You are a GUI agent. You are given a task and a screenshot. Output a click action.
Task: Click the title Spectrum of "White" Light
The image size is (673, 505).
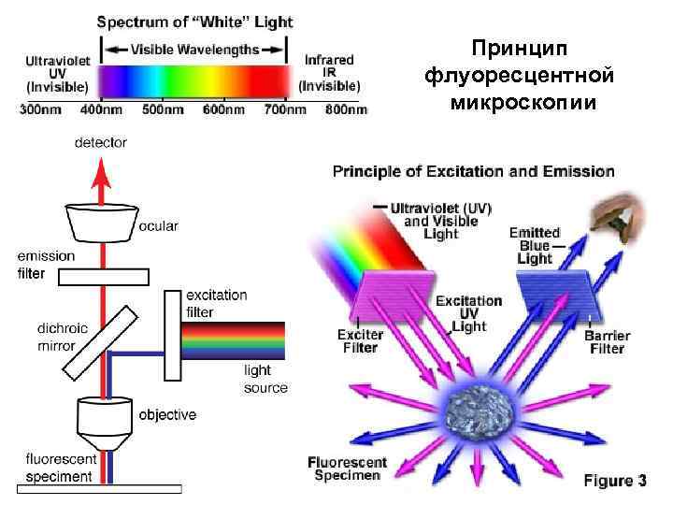click(x=194, y=22)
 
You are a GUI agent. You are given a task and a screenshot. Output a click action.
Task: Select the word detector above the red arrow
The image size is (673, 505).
click(x=100, y=142)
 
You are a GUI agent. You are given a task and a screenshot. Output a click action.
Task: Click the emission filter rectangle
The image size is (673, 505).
click(x=101, y=276)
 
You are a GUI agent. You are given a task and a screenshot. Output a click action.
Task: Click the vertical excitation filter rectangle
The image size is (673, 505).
click(x=172, y=336)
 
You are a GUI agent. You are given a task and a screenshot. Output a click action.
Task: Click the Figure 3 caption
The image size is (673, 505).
click(x=614, y=481)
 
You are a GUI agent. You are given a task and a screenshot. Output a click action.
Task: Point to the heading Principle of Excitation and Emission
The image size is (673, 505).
click(x=474, y=171)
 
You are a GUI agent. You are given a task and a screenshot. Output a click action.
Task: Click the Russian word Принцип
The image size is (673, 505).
click(x=520, y=47)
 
